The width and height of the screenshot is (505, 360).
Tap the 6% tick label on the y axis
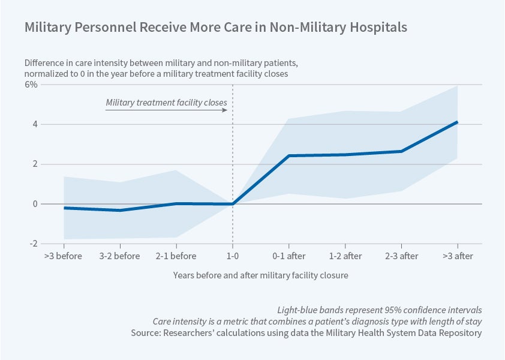31,85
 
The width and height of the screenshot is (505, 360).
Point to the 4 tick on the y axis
35,124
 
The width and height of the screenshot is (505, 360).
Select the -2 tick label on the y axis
34,244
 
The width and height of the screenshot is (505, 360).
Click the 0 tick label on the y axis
35,204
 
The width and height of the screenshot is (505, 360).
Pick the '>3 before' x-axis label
64,256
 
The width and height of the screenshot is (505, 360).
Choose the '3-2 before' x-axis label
120,256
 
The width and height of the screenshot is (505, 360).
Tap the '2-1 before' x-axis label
176,256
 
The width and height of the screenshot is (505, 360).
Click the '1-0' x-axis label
232,256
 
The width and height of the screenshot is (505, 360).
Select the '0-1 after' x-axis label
288,256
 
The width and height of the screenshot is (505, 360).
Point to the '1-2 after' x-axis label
345,256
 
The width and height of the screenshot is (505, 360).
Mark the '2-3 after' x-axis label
401,256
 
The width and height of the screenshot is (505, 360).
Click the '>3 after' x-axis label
458,256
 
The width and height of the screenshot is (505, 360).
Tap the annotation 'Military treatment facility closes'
166,103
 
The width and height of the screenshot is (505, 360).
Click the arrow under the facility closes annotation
166,111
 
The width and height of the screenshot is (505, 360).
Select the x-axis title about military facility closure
261,275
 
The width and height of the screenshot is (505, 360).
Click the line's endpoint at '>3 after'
458,122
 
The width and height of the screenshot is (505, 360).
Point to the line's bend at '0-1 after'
288,156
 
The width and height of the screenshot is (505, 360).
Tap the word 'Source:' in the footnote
146,333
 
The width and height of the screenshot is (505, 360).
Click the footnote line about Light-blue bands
380,310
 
